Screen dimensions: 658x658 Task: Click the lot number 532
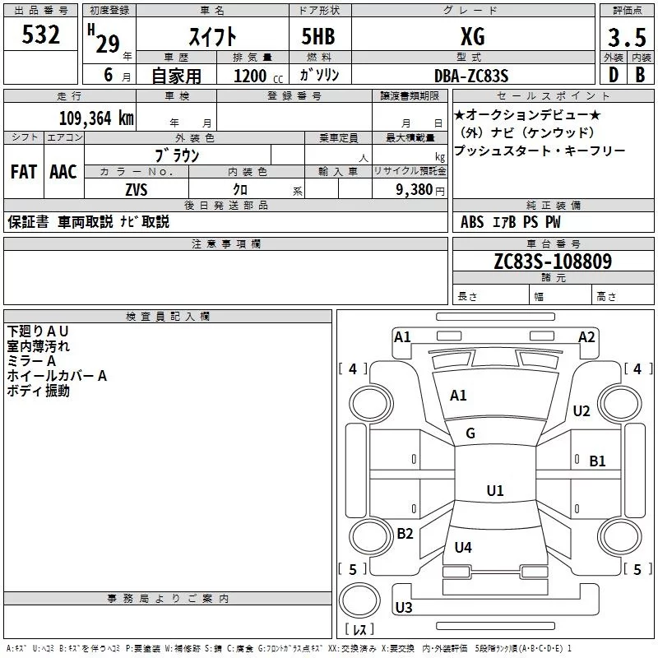pyautogui.click(x=41, y=35)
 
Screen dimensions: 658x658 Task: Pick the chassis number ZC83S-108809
pyautogui.click(x=552, y=262)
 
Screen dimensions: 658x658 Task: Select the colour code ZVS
pyautogui.click(x=137, y=190)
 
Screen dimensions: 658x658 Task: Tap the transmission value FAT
pyautogui.click(x=23, y=172)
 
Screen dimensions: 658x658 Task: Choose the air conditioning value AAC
pyautogui.click(x=63, y=172)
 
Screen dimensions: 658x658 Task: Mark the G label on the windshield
pyautogui.click(x=470, y=433)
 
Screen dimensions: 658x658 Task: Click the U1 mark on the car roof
pyautogui.click(x=494, y=491)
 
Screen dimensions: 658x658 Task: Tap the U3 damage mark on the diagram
pyautogui.click(x=403, y=608)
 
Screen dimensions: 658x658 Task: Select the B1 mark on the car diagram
pyautogui.click(x=597, y=461)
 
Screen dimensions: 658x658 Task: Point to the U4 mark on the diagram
pyautogui.click(x=463, y=547)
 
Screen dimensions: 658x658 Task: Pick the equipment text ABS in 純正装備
pyautogui.click(x=472, y=222)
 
